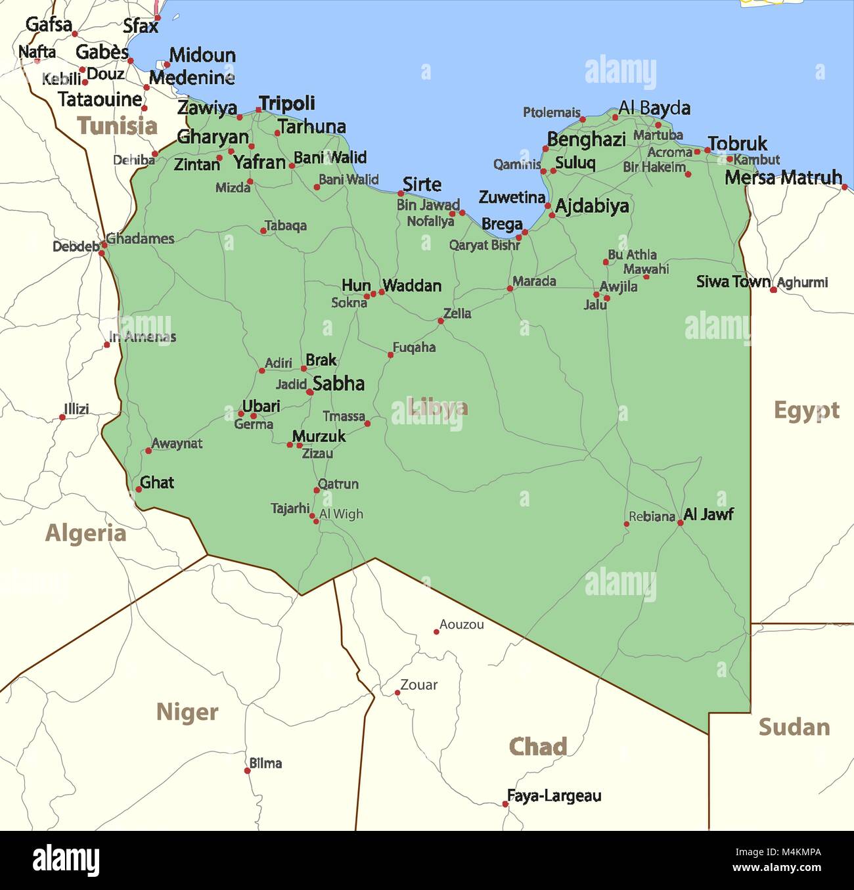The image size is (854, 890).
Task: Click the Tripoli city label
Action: [x=287, y=103]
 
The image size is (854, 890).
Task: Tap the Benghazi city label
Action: [x=586, y=139]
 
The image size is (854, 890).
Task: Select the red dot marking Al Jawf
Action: [x=680, y=523]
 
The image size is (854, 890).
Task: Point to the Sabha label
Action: [x=338, y=384]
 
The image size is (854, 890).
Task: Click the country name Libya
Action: [x=437, y=407]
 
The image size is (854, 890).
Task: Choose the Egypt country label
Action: [x=806, y=411]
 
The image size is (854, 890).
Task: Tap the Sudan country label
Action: [x=794, y=727]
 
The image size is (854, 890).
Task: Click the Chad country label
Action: [x=537, y=747]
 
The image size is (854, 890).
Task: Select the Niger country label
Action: [x=187, y=712]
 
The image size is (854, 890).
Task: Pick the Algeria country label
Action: [x=85, y=533]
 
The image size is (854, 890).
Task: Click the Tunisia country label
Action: [x=117, y=125]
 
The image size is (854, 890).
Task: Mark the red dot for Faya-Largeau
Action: [x=505, y=804]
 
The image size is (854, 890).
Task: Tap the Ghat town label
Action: [x=157, y=483]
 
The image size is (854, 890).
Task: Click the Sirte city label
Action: [x=422, y=184]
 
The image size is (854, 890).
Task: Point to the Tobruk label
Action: [x=737, y=143]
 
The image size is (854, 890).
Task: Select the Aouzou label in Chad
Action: [x=461, y=625]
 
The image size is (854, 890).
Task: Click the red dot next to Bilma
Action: [x=247, y=770]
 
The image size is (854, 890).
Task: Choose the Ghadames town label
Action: [x=140, y=238]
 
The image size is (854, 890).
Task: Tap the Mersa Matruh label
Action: [x=783, y=177]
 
